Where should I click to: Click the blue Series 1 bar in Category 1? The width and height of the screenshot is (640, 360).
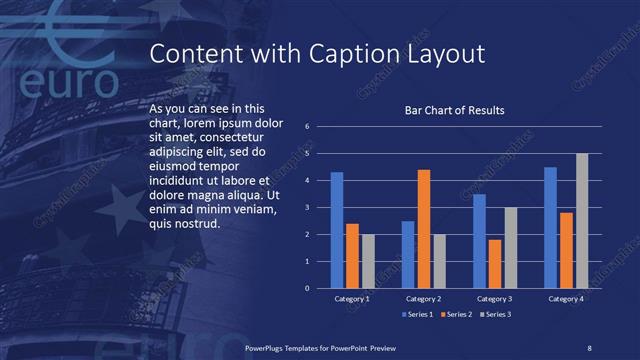point(337,230)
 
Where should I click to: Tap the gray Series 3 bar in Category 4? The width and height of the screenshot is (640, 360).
point(582,221)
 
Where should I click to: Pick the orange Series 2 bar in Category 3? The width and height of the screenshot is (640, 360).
point(495,264)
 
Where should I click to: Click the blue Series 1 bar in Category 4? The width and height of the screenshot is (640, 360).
point(550,227)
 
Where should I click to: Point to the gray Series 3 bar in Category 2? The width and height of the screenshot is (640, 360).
point(438,261)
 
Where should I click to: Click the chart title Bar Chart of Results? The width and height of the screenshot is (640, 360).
point(454,110)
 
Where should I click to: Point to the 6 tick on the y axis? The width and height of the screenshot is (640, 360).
point(308,126)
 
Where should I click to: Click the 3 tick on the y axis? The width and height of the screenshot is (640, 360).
point(308,207)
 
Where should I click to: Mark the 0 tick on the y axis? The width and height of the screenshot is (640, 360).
point(308,288)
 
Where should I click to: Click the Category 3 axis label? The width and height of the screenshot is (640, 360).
point(495,299)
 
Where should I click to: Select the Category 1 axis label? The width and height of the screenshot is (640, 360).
point(352,299)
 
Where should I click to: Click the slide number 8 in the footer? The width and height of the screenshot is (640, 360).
point(589,347)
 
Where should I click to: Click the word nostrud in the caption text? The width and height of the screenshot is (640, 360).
point(196,223)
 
